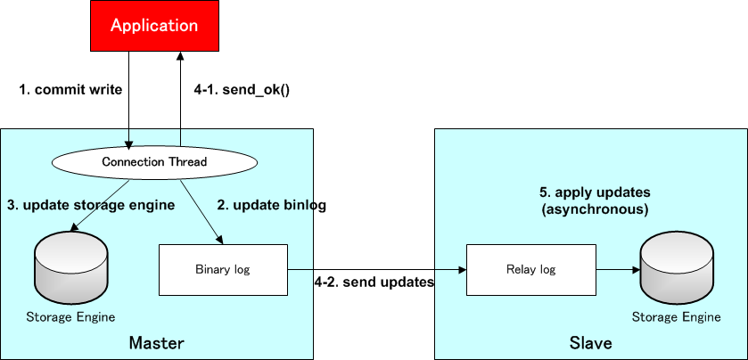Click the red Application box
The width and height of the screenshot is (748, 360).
click(x=153, y=26)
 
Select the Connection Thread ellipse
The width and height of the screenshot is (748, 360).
click(x=154, y=162)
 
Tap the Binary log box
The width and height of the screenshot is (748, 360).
click(x=223, y=269)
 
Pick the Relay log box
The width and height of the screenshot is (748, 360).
click(x=531, y=269)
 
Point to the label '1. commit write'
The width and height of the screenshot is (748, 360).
click(x=70, y=89)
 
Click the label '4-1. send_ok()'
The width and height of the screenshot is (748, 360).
click(x=242, y=89)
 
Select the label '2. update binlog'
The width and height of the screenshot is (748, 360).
click(x=272, y=205)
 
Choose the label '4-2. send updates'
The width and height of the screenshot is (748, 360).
click(x=374, y=282)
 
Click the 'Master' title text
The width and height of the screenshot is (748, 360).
click(x=156, y=343)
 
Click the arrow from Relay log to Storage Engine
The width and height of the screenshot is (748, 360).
click(x=617, y=268)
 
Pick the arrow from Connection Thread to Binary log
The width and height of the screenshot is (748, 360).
click(x=201, y=212)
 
